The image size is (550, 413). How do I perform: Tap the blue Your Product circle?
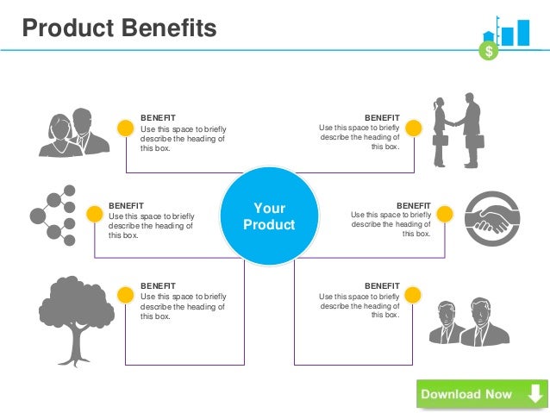(269, 216)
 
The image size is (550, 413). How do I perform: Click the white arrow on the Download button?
(534, 394)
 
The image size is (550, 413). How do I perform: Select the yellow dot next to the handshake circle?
(445, 214)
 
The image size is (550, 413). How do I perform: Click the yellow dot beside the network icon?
(93, 213)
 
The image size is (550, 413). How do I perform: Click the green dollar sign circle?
(490, 51)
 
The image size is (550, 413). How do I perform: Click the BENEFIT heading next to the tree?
(158, 285)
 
